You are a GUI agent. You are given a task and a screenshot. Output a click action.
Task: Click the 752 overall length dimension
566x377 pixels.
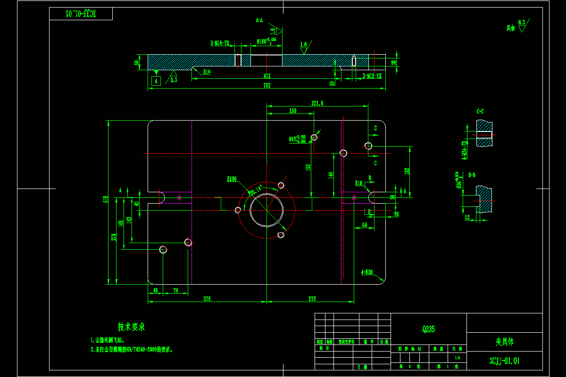[x=266, y=85]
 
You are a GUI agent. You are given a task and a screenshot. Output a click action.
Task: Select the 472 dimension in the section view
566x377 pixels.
[x=266, y=76]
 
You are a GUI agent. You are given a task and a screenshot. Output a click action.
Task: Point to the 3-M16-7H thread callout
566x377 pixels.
[x=220, y=43]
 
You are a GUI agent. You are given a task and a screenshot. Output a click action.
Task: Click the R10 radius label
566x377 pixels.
[x=207, y=72]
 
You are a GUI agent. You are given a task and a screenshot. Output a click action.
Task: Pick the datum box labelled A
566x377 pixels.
[x=156, y=81]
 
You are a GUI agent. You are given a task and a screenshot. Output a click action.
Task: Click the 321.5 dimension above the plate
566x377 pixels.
[x=317, y=103]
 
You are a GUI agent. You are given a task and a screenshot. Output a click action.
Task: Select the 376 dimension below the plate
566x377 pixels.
[x=207, y=299]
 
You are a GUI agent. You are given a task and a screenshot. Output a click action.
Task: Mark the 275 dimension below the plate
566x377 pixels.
[x=312, y=299]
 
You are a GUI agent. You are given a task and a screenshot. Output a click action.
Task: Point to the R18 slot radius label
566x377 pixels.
[x=358, y=182]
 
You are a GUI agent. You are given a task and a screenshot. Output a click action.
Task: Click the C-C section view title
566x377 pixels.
[x=480, y=112]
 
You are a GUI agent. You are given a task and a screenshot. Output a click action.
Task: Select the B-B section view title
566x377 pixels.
[x=472, y=174]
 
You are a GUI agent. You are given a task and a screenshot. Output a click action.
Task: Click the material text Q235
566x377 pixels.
[x=428, y=329]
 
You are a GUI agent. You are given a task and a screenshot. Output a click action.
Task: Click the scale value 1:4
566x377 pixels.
[x=457, y=358]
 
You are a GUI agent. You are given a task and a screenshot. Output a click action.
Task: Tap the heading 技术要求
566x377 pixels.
[x=131, y=327]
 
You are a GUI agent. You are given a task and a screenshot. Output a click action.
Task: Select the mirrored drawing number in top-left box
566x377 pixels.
[x=81, y=14]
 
